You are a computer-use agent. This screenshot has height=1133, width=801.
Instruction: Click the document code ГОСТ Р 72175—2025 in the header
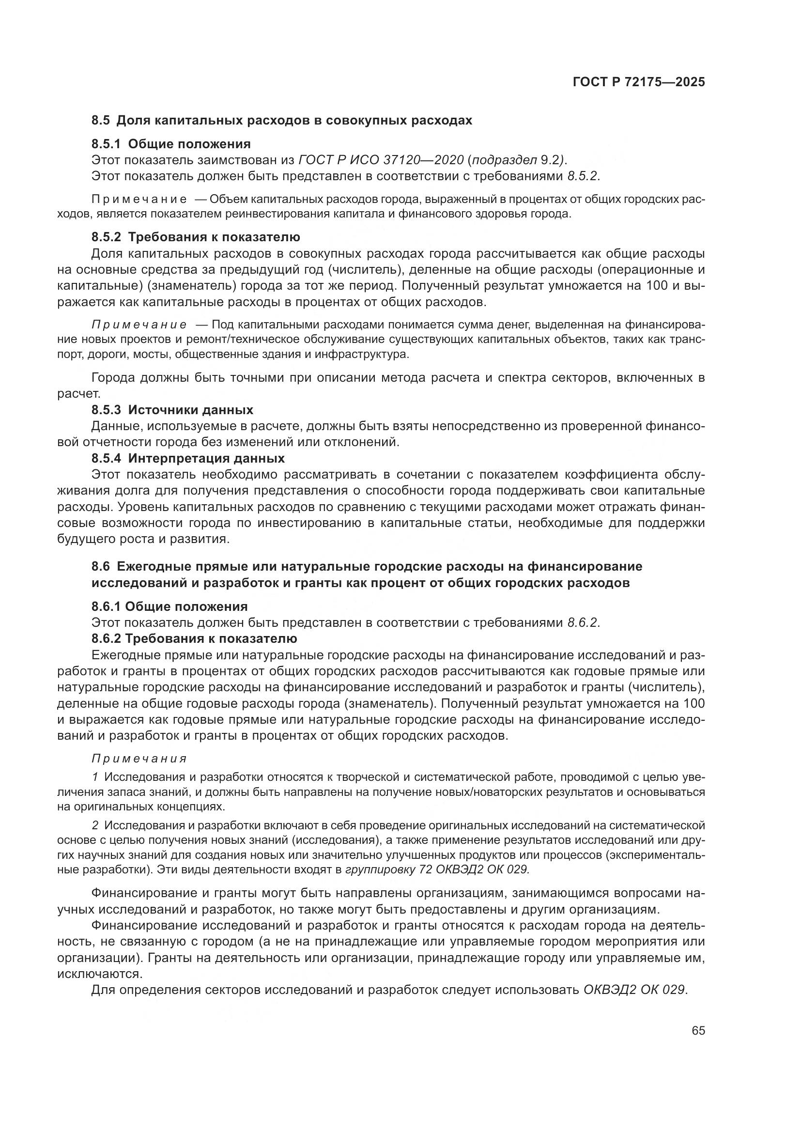tap(638, 82)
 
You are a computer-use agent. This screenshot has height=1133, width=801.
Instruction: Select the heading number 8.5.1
tap(106, 144)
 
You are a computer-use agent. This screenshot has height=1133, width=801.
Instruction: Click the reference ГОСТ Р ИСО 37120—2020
tap(381, 160)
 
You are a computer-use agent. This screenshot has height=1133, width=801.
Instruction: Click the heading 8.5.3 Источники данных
tap(172, 410)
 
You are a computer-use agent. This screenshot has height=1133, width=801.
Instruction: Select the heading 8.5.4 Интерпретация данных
tap(188, 458)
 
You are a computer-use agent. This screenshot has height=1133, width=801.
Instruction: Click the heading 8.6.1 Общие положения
tap(169, 606)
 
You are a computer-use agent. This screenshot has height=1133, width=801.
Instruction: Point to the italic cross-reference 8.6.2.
tap(583, 623)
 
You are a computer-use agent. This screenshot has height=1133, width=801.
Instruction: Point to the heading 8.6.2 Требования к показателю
tap(194, 638)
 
